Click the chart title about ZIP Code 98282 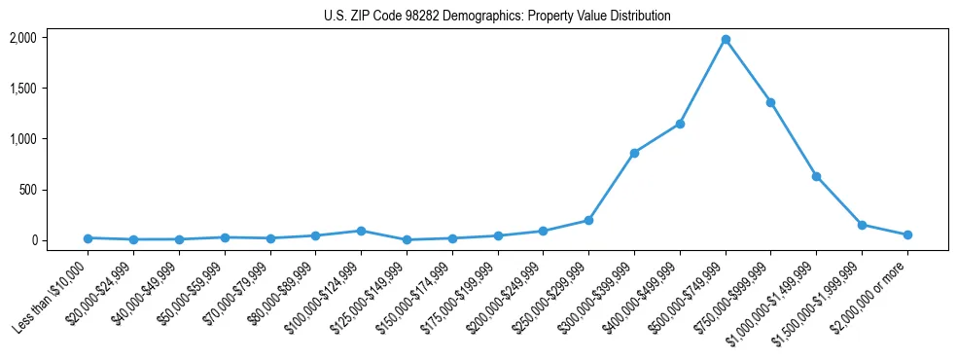(497, 17)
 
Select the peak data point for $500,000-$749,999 (726, 39)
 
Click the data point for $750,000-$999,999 (770, 102)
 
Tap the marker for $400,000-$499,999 (680, 124)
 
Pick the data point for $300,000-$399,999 (634, 153)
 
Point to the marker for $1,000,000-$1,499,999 (816, 176)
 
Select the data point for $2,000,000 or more (907, 234)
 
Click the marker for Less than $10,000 (88, 237)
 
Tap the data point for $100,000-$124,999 (361, 231)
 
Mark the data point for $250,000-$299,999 (588, 220)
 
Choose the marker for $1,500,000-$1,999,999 (862, 225)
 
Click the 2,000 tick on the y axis (22, 38)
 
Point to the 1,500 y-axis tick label (22, 89)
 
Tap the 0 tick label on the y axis (34, 240)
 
